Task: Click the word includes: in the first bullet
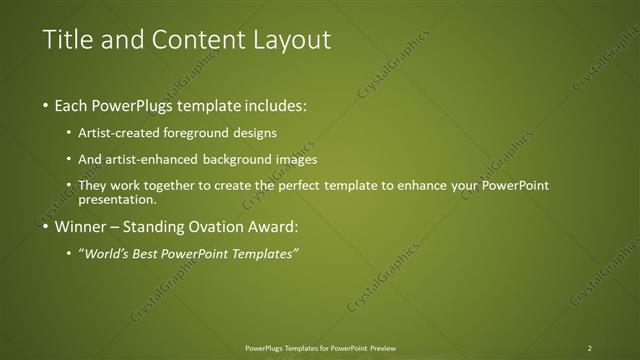click(x=275, y=105)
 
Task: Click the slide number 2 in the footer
click(x=590, y=347)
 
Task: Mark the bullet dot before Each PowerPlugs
click(x=47, y=106)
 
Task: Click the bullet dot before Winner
click(x=47, y=227)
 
